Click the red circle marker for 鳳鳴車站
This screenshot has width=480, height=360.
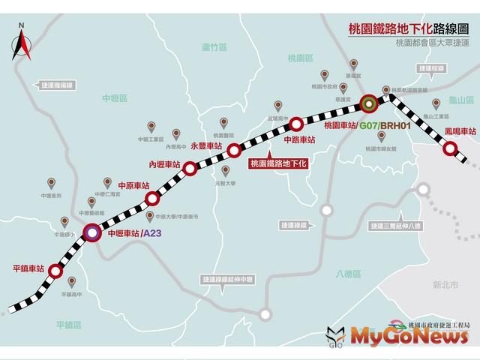click(450, 149)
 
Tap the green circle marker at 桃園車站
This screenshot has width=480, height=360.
click(368, 103)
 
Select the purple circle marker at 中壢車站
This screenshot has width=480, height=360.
click(91, 232)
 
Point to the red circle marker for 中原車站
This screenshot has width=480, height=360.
click(152, 199)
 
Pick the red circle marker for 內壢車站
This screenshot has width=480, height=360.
click(190, 168)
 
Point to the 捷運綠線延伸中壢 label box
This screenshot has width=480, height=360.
click(228, 278)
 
